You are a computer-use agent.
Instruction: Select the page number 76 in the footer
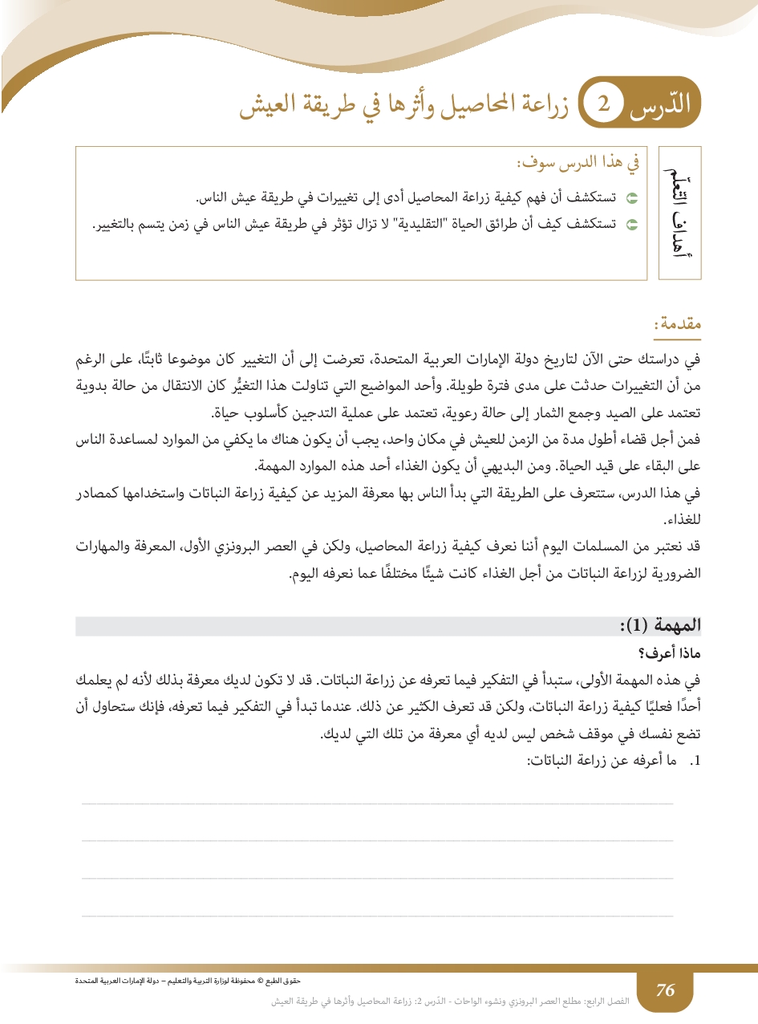pos(665,990)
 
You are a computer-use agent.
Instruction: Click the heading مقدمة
pos(679,324)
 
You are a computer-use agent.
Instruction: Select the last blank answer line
pos(377,914)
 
